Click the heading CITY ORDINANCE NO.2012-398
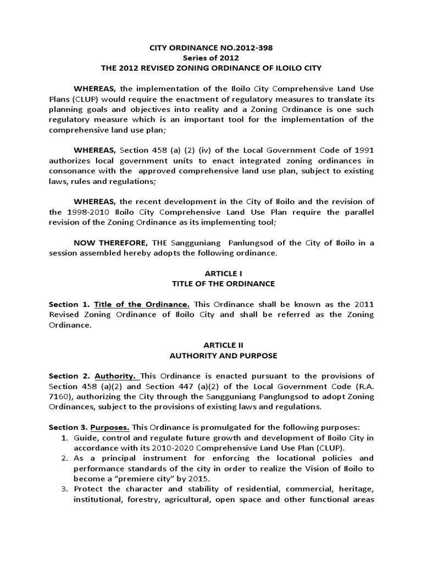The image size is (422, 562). click(x=212, y=48)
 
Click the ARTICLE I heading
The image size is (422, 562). click(x=212, y=273)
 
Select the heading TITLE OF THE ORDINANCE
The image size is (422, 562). click(x=212, y=284)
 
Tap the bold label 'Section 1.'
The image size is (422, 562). click(x=69, y=304)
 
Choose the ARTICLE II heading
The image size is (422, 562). click(x=212, y=345)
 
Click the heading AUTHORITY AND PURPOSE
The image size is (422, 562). click(x=212, y=355)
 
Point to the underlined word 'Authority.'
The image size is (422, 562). click(x=116, y=376)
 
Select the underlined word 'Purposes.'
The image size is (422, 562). click(x=110, y=427)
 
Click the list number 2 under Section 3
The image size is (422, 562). click(x=64, y=458)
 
